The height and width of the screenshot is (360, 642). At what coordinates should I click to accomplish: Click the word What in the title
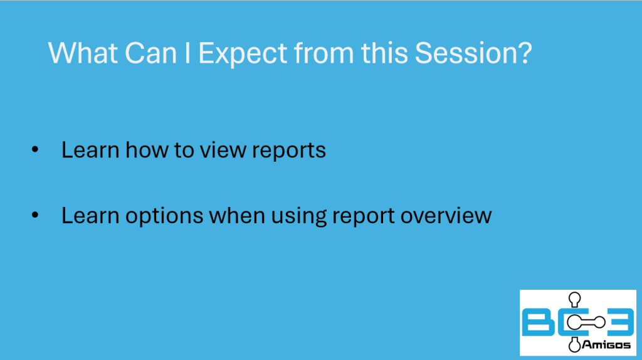pyautogui.click(x=83, y=53)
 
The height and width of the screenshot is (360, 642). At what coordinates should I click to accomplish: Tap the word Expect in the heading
pyautogui.click(x=243, y=54)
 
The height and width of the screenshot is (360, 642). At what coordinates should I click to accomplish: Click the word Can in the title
pyautogui.click(x=150, y=53)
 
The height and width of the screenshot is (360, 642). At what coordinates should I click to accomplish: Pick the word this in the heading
pyautogui.click(x=384, y=53)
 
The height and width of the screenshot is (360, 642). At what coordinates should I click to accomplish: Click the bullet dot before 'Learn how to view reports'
pyautogui.click(x=35, y=149)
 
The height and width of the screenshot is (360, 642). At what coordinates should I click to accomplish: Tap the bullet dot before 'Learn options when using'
pyautogui.click(x=35, y=215)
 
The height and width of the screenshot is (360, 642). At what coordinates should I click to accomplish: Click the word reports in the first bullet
pyautogui.click(x=288, y=151)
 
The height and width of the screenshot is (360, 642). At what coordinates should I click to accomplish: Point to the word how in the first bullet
pyautogui.click(x=147, y=149)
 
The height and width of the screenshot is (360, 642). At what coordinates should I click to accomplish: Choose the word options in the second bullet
pyautogui.click(x=164, y=216)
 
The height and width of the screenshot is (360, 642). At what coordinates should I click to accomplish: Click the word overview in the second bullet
pyautogui.click(x=446, y=216)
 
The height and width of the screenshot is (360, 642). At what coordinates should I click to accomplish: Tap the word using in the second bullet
pyautogui.click(x=299, y=216)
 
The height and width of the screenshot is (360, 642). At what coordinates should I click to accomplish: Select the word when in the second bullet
pyautogui.click(x=237, y=215)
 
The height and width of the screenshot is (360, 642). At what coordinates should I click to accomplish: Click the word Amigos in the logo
pyautogui.click(x=606, y=345)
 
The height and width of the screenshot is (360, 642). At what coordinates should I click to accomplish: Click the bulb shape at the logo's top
pyautogui.click(x=575, y=299)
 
